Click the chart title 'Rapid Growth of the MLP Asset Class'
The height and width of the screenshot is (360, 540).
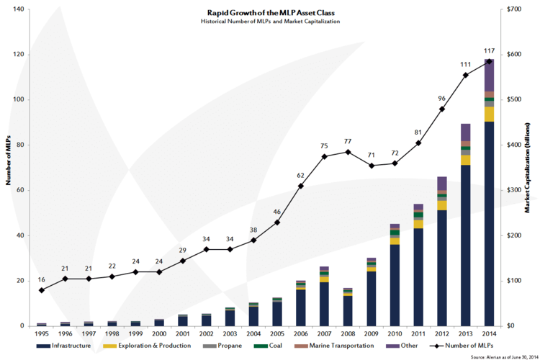click(x=270, y=13)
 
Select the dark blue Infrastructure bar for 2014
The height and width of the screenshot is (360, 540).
click(x=489, y=223)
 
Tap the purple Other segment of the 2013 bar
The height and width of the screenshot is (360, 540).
click(x=466, y=132)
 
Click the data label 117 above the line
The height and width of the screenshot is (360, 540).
click(x=489, y=50)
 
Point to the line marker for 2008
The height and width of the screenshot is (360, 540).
click(x=348, y=152)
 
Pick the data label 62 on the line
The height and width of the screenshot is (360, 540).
click(x=301, y=175)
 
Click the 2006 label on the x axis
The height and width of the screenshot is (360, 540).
click(x=301, y=334)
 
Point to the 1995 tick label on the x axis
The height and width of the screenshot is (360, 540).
click(x=42, y=334)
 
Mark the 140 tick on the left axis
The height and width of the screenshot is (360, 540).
click(x=18, y=9)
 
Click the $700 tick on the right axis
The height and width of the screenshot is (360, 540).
click(x=515, y=9)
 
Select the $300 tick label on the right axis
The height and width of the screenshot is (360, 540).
click(x=515, y=190)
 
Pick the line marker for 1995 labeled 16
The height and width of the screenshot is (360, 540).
click(x=42, y=290)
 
